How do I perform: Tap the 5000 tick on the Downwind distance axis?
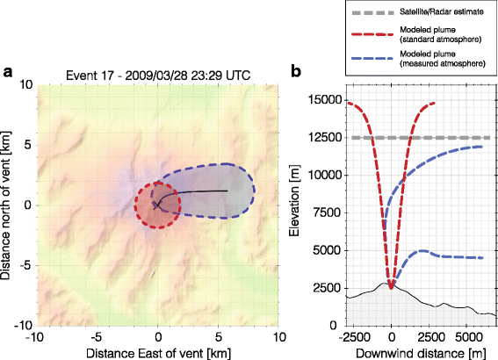(x=468, y=336)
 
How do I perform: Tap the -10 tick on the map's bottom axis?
(x=35, y=336)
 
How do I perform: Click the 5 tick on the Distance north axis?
(x=26, y=145)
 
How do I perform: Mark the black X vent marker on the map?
(x=157, y=205)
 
